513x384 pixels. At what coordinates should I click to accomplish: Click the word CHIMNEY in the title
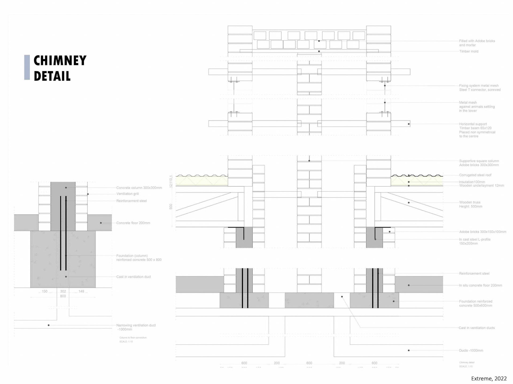tap(60, 61)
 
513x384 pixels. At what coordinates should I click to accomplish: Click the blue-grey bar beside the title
tap(27, 67)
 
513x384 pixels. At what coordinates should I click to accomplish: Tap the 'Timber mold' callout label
tap(469, 51)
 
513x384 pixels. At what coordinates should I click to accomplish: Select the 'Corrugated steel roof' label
tap(475, 175)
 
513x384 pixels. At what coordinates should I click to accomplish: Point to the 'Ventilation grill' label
tap(127, 194)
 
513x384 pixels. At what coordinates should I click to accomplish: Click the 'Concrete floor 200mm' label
tap(133, 223)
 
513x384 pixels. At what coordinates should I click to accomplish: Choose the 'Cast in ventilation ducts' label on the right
tap(477, 328)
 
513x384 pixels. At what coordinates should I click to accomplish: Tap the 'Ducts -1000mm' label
tap(471, 350)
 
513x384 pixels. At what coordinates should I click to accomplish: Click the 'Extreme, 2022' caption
tap(489, 379)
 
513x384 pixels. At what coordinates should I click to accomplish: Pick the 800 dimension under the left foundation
tap(63, 296)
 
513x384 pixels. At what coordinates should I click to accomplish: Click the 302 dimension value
tap(63, 291)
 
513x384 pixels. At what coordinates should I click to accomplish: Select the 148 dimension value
tap(81, 291)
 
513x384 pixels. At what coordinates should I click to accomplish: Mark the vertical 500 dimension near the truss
tap(171, 206)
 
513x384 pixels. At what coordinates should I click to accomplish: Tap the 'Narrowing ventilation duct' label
tap(136, 325)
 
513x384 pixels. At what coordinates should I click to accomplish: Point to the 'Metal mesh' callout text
tap(468, 102)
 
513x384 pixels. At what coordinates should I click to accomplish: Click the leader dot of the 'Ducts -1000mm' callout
tap(409, 350)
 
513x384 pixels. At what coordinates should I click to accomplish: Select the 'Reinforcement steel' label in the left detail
tap(131, 201)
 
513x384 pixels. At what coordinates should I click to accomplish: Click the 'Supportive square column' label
tap(479, 161)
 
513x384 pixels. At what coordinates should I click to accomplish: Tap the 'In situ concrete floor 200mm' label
tap(480, 285)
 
